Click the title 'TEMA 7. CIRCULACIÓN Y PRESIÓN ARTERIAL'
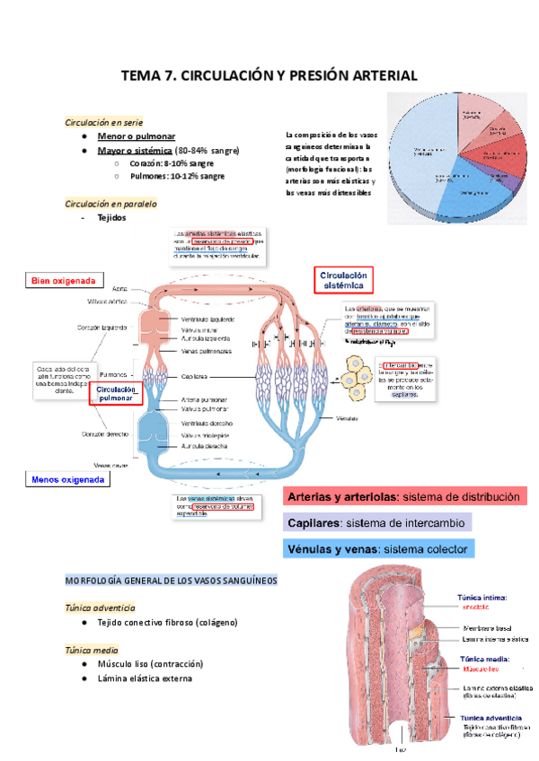269,76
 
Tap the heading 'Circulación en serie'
104,122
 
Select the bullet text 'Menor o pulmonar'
137,136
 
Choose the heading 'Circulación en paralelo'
111,204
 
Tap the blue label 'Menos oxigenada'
67,480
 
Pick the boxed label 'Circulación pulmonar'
116,393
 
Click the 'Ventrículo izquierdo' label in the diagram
208,319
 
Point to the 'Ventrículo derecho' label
208,423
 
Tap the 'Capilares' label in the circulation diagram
195,377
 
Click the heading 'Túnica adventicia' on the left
101,608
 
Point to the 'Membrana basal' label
485,627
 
